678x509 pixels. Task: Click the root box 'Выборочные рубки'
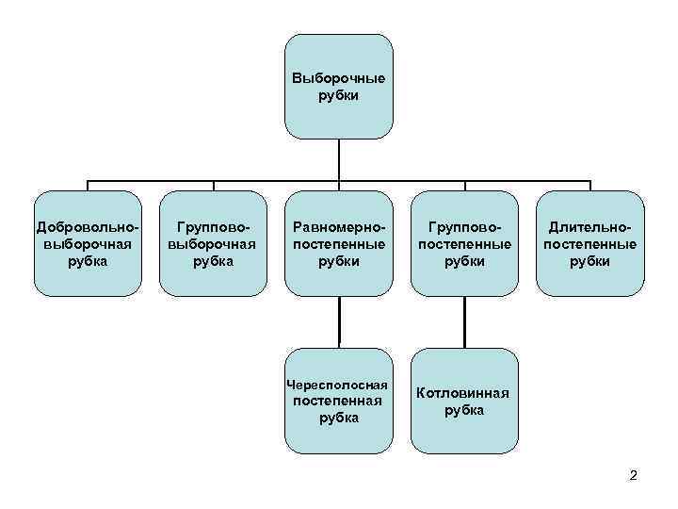[339, 87]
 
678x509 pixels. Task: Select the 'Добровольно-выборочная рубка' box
[88, 243]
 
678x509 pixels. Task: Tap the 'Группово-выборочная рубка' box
[214, 243]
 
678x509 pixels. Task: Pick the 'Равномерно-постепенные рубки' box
[339, 243]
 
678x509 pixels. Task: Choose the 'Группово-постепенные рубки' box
[464, 243]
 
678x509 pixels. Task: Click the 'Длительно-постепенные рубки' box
[590, 243]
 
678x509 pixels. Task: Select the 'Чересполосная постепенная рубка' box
[339, 401]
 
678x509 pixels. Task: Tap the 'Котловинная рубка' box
[464, 401]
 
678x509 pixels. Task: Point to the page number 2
[633, 475]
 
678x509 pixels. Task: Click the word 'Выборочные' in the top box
[339, 78]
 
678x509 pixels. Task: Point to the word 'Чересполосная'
[338, 386]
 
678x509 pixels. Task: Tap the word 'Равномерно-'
[339, 227]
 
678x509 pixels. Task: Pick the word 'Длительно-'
[590, 227]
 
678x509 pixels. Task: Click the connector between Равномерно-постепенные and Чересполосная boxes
[339, 321]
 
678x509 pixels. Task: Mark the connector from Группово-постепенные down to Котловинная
[464, 321]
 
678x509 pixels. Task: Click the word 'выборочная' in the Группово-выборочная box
[214, 244]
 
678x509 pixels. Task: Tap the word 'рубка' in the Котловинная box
[464, 410]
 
